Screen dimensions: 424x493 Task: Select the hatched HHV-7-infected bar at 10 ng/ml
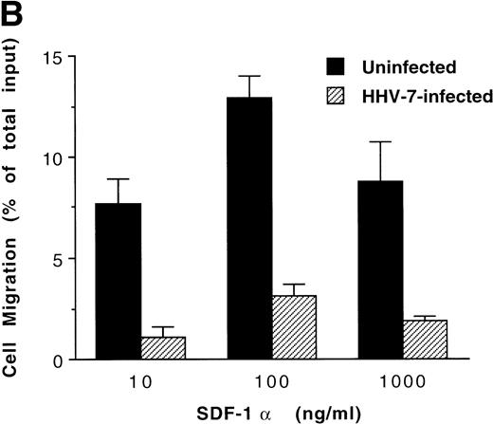163,348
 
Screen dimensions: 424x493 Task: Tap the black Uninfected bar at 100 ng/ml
249,229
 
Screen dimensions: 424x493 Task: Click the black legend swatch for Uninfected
336,68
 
